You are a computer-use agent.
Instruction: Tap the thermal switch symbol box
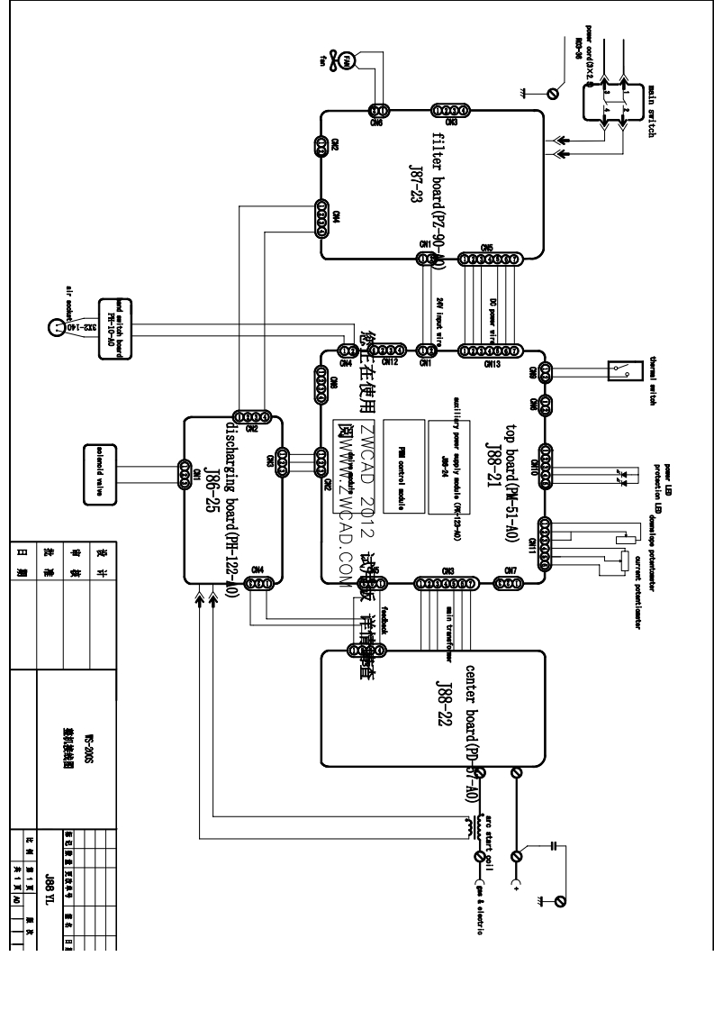pos(631,369)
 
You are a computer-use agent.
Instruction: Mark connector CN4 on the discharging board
pos(258,583)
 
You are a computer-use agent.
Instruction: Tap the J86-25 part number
pos(209,494)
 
